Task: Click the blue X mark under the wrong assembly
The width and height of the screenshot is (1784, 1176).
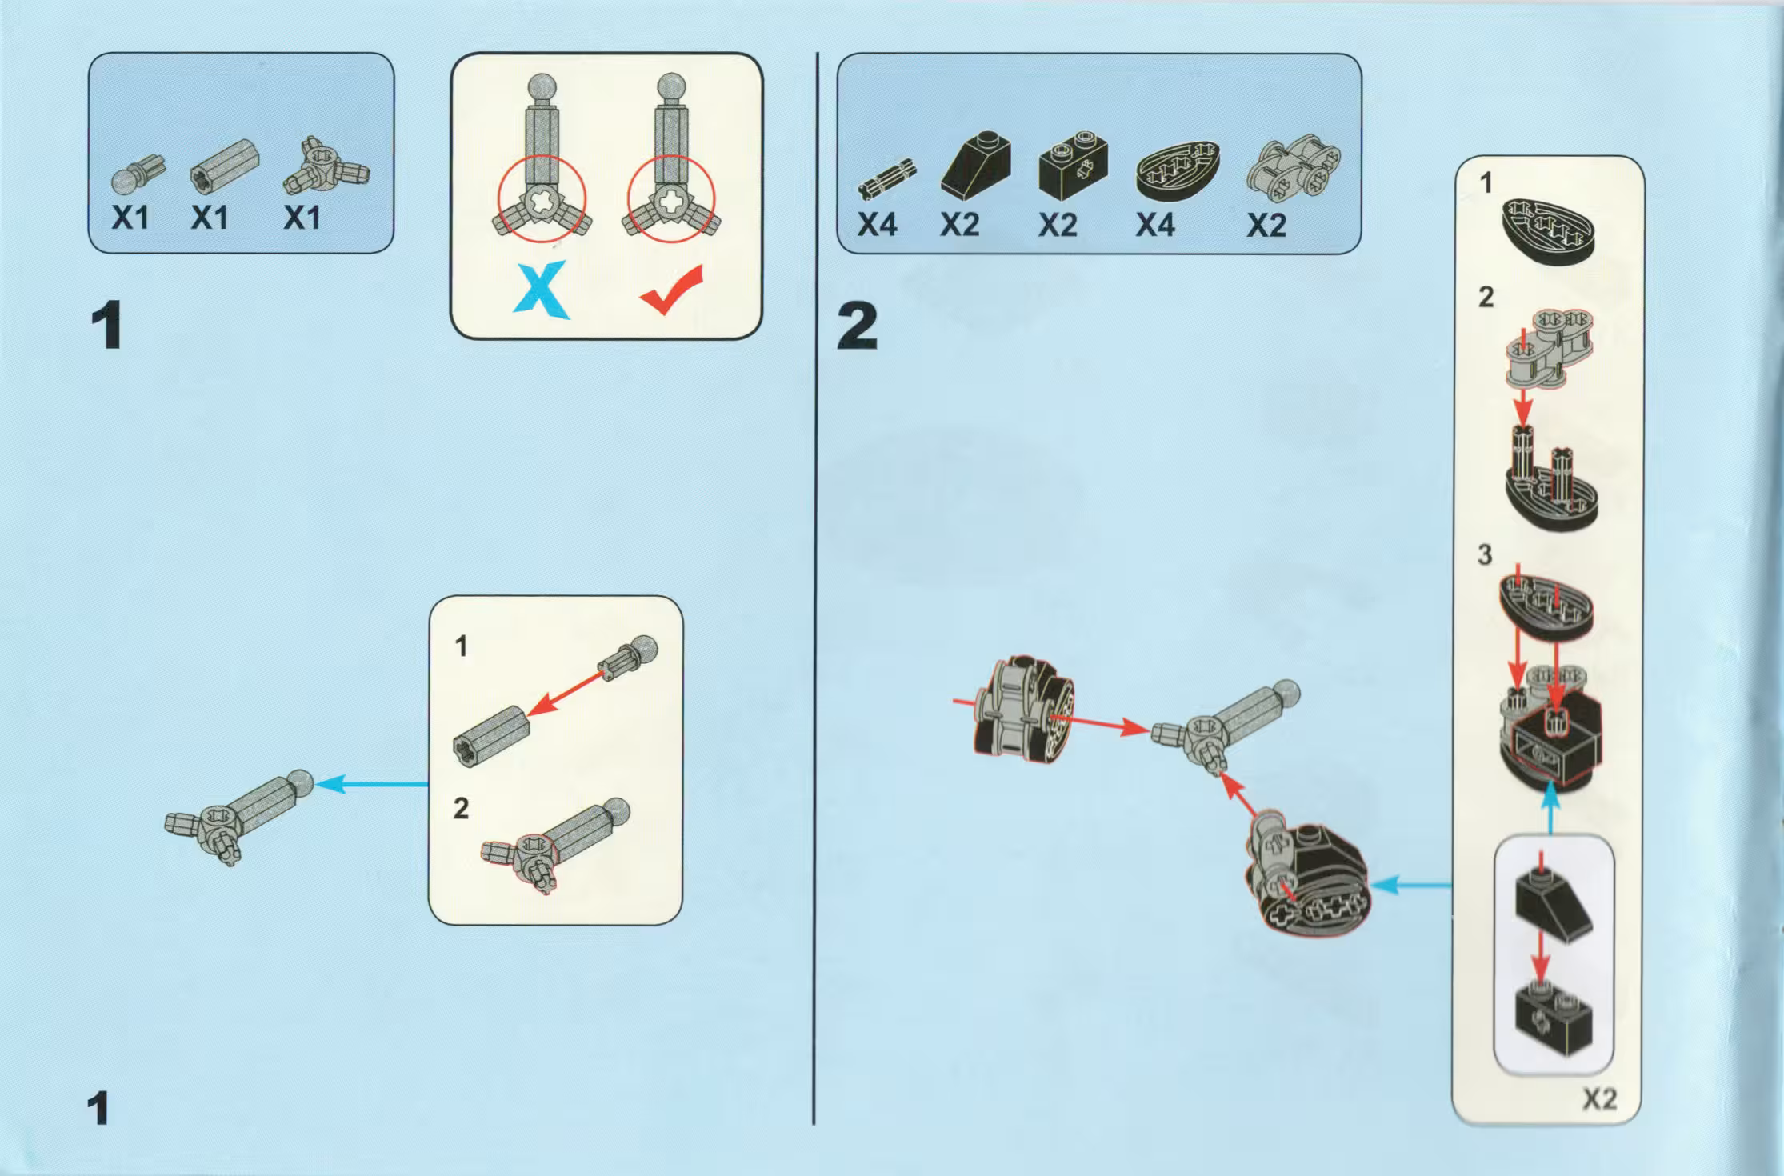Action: point(542,290)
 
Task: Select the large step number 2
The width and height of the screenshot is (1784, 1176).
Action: point(857,326)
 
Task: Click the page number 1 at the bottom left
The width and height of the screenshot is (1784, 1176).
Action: point(98,1109)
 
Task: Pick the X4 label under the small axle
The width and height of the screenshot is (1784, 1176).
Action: point(877,225)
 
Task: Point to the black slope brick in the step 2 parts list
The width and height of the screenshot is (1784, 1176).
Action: point(976,166)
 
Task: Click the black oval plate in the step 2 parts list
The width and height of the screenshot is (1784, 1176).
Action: point(1178,170)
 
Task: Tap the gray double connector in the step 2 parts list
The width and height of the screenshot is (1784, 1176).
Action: point(1293,166)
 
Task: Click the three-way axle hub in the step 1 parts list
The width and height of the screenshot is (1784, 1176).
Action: point(326,166)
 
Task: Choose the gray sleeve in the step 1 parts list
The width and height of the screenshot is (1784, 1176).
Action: point(225,166)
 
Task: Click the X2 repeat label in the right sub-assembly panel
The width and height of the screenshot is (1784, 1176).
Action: point(1599,1099)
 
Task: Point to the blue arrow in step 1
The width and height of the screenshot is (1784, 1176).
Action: point(372,784)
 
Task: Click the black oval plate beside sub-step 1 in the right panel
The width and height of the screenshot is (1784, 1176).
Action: point(1548,231)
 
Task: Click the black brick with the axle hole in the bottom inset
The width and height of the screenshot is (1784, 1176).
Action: point(1553,1016)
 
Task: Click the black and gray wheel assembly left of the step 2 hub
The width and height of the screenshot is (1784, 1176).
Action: point(1021,709)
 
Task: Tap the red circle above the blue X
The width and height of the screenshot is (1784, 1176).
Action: point(542,199)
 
